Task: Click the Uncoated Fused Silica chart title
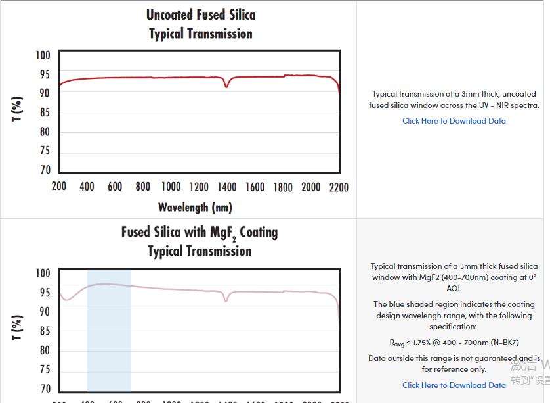200,15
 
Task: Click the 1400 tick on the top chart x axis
227,187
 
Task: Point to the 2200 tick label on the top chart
338,187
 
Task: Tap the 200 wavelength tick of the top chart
59,187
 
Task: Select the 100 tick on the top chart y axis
43,55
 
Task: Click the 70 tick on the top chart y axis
45,170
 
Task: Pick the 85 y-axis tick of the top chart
45,112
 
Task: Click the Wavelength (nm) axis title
195,208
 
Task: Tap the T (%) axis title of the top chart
18,108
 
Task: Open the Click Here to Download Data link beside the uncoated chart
454,121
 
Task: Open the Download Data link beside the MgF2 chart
454,385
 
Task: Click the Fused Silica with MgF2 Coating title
199,233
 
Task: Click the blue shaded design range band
109,335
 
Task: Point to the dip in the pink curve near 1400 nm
226,300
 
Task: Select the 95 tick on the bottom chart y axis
43,293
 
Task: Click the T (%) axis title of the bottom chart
18,327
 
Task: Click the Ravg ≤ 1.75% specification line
454,343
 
